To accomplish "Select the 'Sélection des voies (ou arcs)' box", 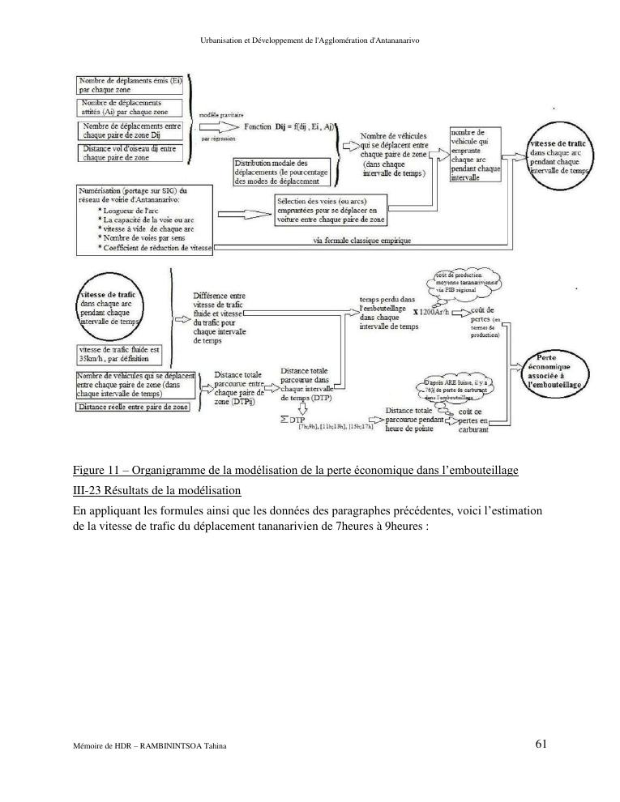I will (331, 209).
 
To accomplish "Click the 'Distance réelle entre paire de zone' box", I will (134, 407).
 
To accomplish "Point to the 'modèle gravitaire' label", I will (221, 115).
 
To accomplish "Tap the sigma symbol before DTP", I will (284, 420).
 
